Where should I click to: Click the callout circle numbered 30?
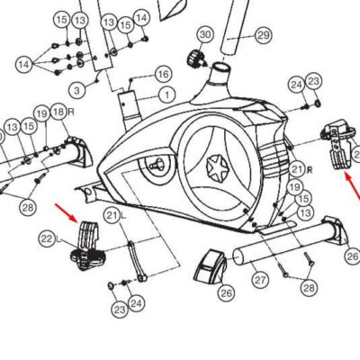pyautogui.click(x=205, y=34)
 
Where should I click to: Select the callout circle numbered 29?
pyautogui.click(x=264, y=35)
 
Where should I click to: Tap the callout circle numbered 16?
pyautogui.click(x=164, y=74)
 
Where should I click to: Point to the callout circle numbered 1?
pyautogui.click(x=166, y=95)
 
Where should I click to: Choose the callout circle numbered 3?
pyautogui.click(x=76, y=90)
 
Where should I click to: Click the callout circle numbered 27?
pyautogui.click(x=260, y=280)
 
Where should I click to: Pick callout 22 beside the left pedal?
pyautogui.click(x=47, y=239)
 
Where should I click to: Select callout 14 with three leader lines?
pyautogui.click(x=24, y=64)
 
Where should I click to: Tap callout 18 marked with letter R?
pyautogui.click(x=58, y=112)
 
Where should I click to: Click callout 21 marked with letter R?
pyautogui.click(x=297, y=169)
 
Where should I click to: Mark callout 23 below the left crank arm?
pyautogui.click(x=120, y=310)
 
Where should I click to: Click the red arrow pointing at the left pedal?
pyautogui.click(x=67, y=213)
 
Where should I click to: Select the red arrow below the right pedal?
pyautogui.click(x=352, y=186)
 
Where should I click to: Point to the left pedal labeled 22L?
pyautogui.click(x=87, y=246)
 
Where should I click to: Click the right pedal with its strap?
pyautogui.click(x=338, y=144)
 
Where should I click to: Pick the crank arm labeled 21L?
pyautogui.click(x=137, y=261)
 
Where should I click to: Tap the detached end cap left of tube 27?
pyautogui.click(x=211, y=267)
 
